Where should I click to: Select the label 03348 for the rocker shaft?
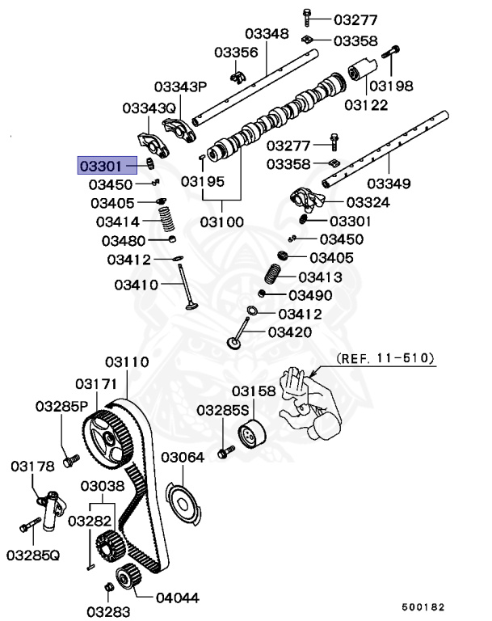click(x=266, y=34)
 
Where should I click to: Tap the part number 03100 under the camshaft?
click(x=222, y=221)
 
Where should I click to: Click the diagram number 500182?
click(x=423, y=606)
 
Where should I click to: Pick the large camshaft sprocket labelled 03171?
click(x=110, y=437)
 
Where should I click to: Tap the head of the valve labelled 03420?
click(x=235, y=343)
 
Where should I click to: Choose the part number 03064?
click(x=182, y=458)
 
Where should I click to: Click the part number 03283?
click(x=103, y=607)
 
